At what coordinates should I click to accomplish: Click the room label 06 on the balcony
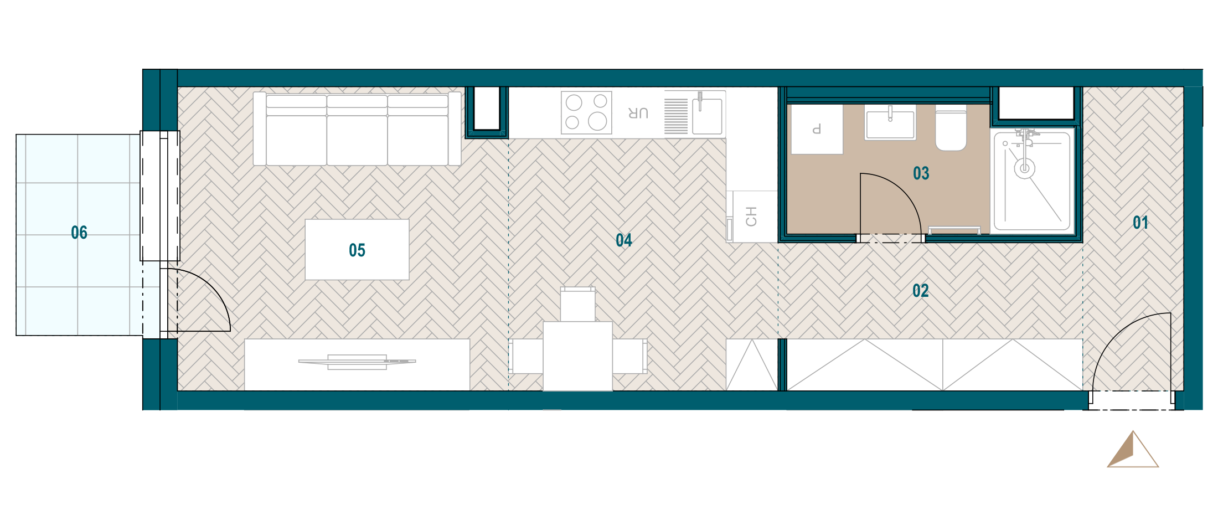click(x=79, y=233)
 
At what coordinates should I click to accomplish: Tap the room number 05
click(x=357, y=250)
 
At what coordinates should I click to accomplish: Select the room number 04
click(x=624, y=240)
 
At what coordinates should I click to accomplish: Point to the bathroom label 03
click(x=921, y=173)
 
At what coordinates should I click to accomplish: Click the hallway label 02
click(x=921, y=291)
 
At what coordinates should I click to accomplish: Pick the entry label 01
click(x=1140, y=223)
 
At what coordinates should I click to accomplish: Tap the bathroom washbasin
click(x=890, y=122)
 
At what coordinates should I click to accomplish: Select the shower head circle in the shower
click(x=1025, y=168)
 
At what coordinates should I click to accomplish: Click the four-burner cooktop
click(x=586, y=113)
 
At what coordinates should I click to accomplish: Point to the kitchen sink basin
click(x=708, y=116)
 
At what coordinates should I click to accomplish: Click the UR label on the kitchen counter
click(x=638, y=113)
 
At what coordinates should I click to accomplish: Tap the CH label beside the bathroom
click(x=751, y=217)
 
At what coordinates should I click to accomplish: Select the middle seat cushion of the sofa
click(x=357, y=131)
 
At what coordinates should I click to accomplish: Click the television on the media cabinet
click(x=357, y=362)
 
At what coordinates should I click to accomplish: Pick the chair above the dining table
click(x=577, y=304)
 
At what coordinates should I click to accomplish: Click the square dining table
click(x=577, y=356)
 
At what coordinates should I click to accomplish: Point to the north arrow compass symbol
click(x=1133, y=449)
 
